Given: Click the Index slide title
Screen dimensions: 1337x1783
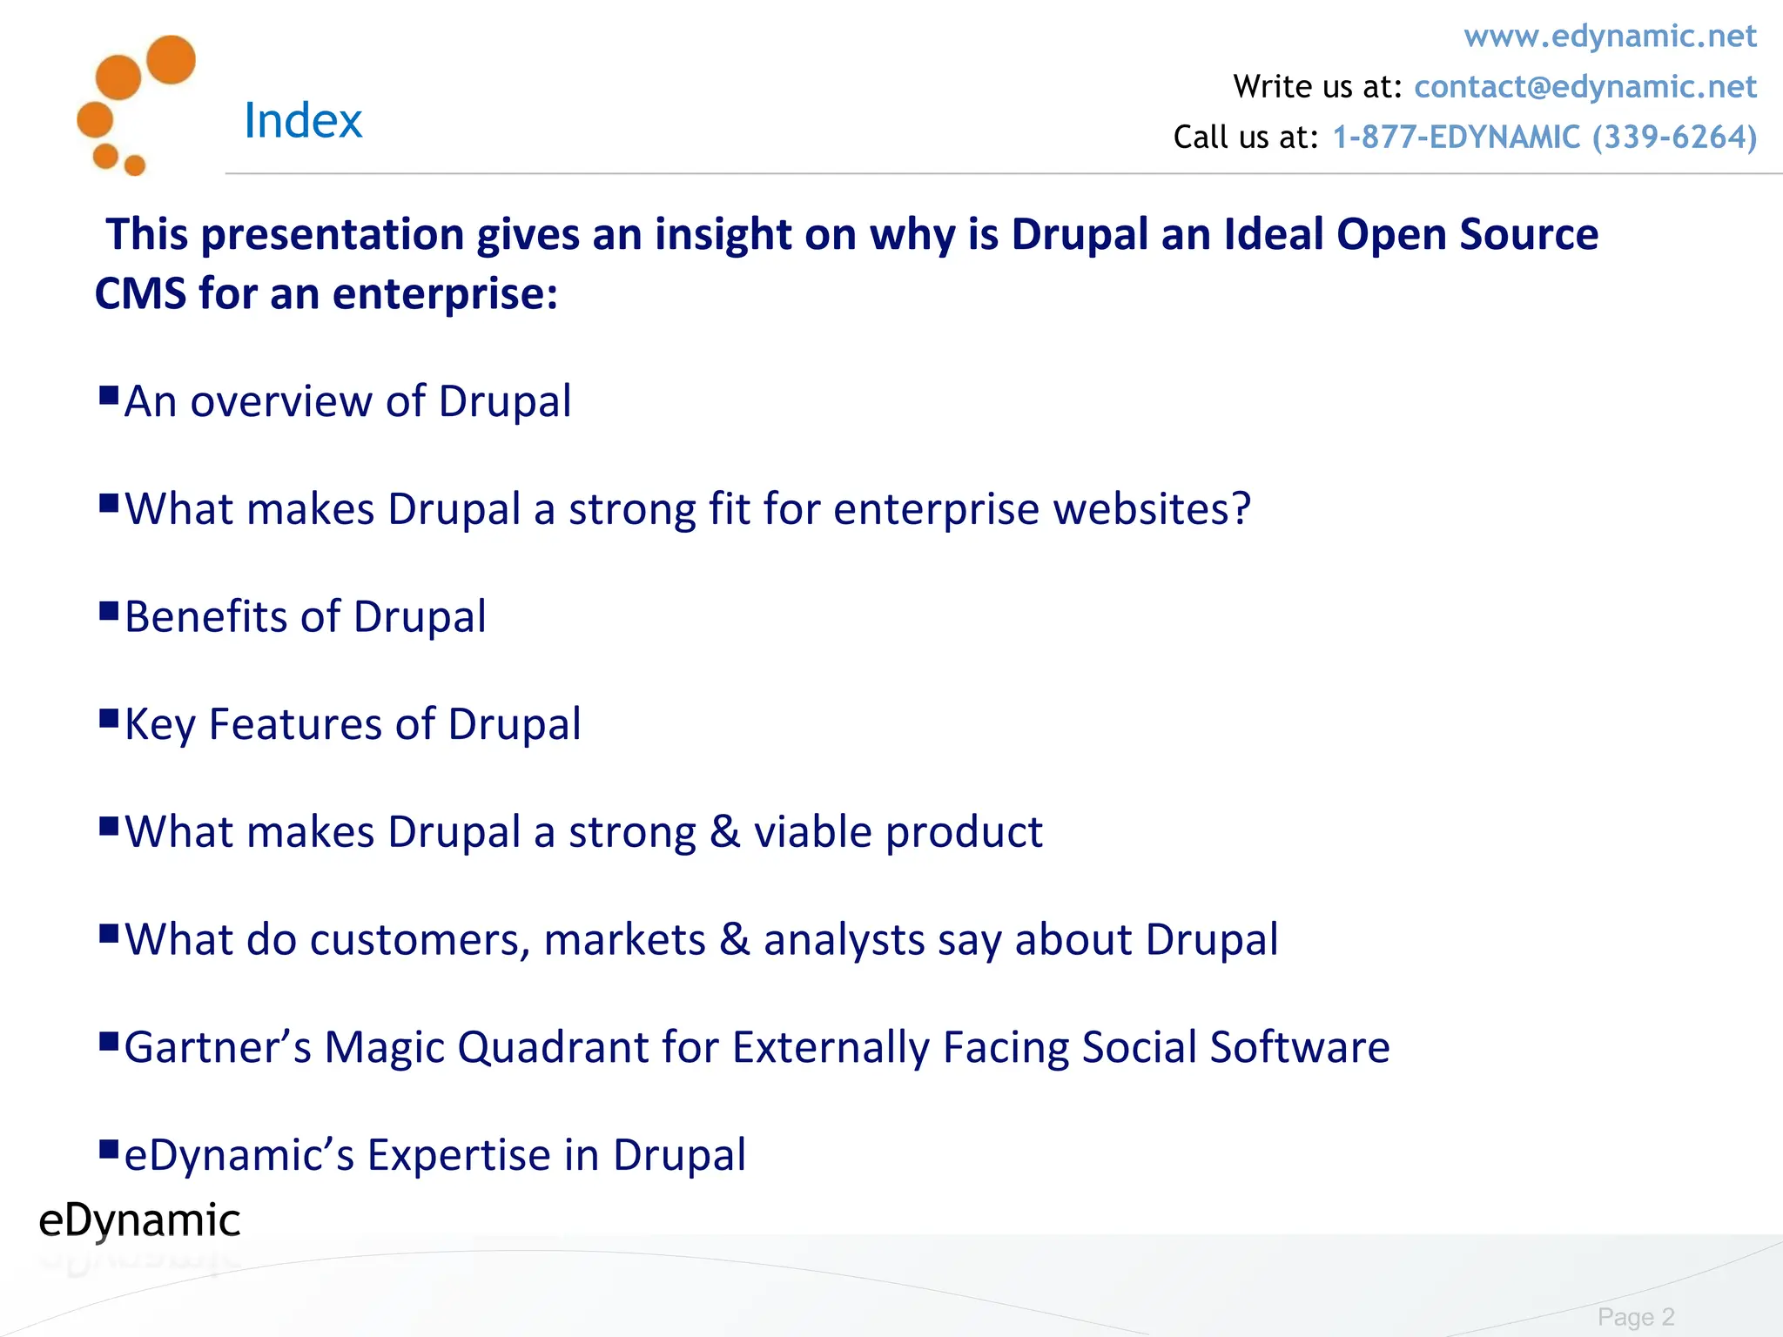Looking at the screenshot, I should coord(302,120).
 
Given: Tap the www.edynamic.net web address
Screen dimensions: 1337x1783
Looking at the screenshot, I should coord(1610,37).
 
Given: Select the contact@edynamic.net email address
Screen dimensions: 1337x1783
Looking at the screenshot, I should coord(1585,87).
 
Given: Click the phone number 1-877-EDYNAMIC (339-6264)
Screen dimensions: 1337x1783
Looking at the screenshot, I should coord(1544,138).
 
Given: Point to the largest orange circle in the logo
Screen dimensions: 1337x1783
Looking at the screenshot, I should coord(171,59).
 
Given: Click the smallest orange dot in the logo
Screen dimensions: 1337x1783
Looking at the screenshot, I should coord(135,165).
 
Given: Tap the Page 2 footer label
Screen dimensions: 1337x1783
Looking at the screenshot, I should coord(1635,1316).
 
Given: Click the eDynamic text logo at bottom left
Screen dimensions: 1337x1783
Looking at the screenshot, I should coord(139,1220).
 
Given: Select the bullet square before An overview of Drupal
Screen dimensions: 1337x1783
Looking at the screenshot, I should coord(109,396).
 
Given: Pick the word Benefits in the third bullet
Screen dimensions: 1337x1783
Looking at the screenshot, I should coord(205,617).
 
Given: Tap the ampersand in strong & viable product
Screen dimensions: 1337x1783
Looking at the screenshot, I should coord(724,832).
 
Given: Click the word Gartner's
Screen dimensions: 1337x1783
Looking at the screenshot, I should coord(218,1047).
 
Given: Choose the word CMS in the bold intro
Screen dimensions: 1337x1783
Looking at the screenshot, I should coord(140,293).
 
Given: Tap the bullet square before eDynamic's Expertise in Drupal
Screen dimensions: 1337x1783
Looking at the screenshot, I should coord(109,1150).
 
